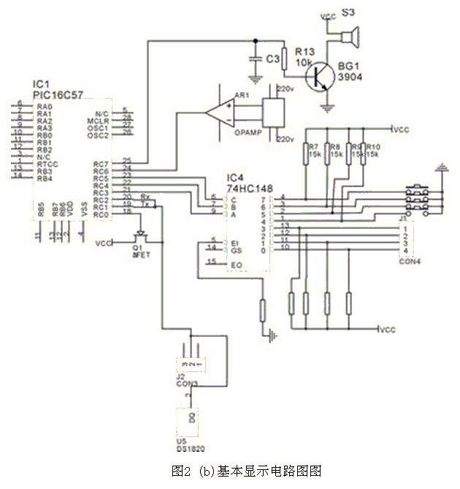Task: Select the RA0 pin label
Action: pos(44,107)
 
